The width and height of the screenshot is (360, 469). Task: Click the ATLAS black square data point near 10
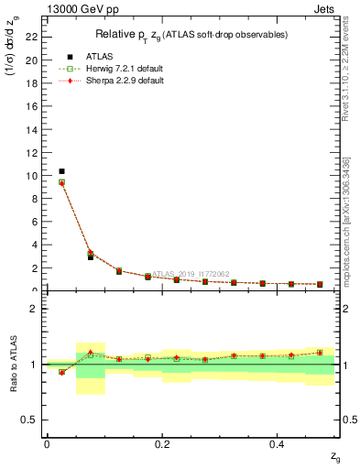coord(61,171)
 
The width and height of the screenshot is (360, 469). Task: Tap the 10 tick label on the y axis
coord(34,175)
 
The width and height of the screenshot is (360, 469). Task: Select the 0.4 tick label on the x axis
coord(278,444)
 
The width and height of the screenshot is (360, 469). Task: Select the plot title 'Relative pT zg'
coord(191,35)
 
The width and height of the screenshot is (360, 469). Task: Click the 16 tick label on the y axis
coord(34,106)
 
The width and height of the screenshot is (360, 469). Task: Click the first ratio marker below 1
coord(61,372)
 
